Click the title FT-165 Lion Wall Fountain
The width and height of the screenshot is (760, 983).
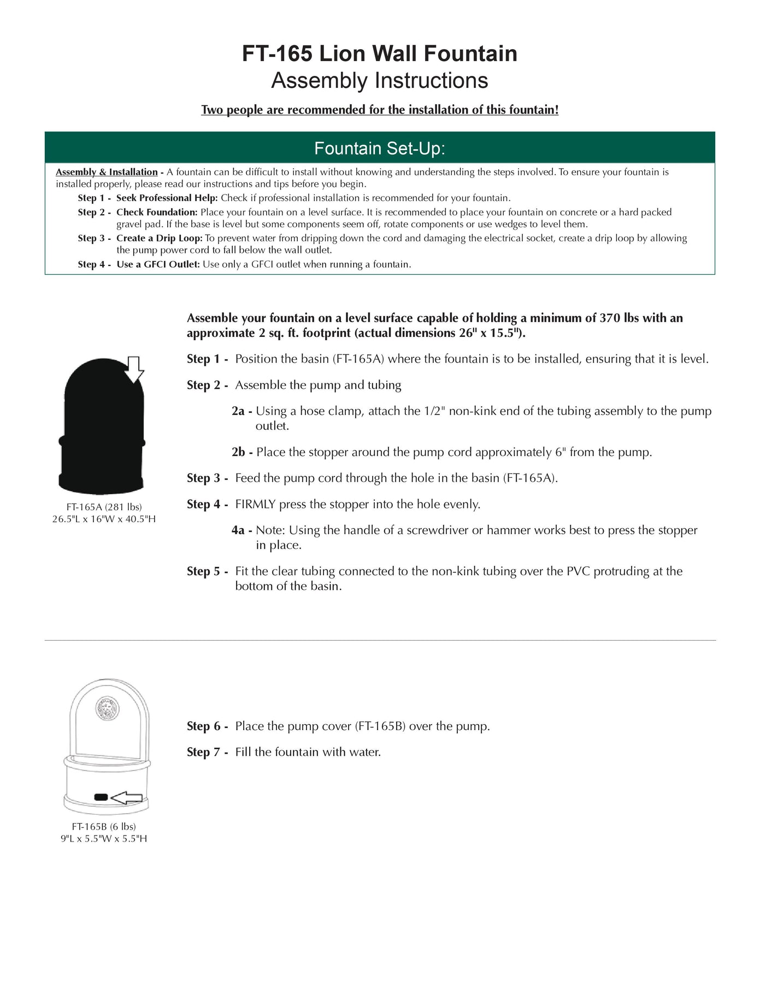pos(379,54)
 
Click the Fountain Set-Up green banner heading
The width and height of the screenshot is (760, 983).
pos(379,148)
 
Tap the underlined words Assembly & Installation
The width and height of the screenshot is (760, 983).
pos(107,172)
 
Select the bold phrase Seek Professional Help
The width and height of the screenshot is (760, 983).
pos(167,198)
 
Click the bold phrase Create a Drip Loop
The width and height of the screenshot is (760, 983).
pos(159,238)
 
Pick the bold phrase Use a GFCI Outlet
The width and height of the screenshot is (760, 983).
pos(158,264)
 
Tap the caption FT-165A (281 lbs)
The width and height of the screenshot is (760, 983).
pos(104,507)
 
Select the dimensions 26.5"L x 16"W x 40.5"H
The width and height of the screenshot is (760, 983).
pos(104,519)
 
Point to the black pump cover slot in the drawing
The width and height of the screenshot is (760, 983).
pos(101,797)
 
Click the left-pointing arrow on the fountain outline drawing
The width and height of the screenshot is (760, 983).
pos(127,798)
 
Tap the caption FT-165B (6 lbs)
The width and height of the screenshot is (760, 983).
pos(104,826)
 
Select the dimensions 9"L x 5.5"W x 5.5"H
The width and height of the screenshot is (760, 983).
pos(104,838)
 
